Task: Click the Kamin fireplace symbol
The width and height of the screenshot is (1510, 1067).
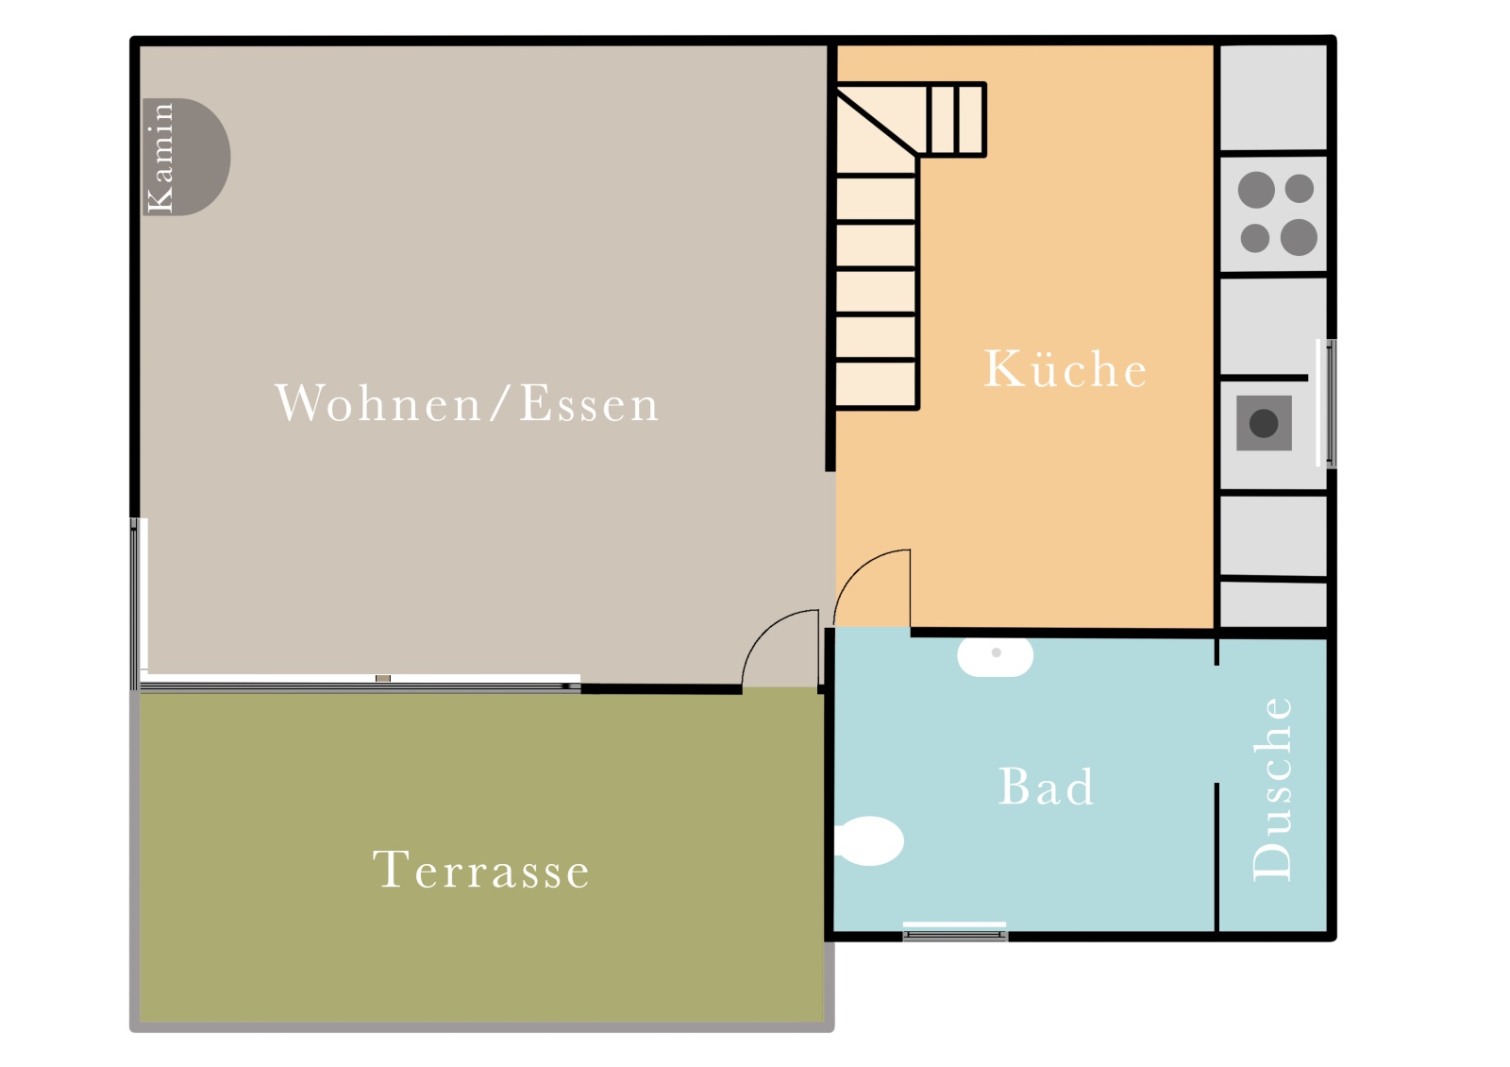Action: click(x=186, y=157)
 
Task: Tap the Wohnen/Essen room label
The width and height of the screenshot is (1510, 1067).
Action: click(x=467, y=403)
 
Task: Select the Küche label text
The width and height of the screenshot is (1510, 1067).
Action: click(x=1065, y=368)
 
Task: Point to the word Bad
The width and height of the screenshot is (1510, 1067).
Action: click(x=1046, y=786)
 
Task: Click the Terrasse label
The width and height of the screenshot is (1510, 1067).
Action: click(x=481, y=870)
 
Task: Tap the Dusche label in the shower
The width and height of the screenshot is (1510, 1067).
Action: click(x=1272, y=788)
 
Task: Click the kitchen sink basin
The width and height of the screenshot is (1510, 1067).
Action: click(x=1264, y=423)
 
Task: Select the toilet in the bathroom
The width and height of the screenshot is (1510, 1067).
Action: click(x=869, y=840)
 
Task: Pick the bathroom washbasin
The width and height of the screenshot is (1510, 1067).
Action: click(x=995, y=655)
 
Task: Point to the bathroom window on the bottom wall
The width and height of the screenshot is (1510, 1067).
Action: click(x=954, y=931)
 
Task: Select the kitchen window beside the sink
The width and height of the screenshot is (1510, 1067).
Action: click(x=1326, y=403)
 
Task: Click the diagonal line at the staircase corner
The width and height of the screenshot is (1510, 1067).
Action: click(x=877, y=122)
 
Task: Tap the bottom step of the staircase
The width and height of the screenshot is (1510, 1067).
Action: click(x=876, y=383)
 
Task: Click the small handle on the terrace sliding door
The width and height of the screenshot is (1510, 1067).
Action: click(x=383, y=678)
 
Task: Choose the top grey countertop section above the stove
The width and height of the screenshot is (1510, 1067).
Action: click(x=1273, y=98)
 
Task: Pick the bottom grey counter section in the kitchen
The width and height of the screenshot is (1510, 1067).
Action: click(x=1273, y=604)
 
